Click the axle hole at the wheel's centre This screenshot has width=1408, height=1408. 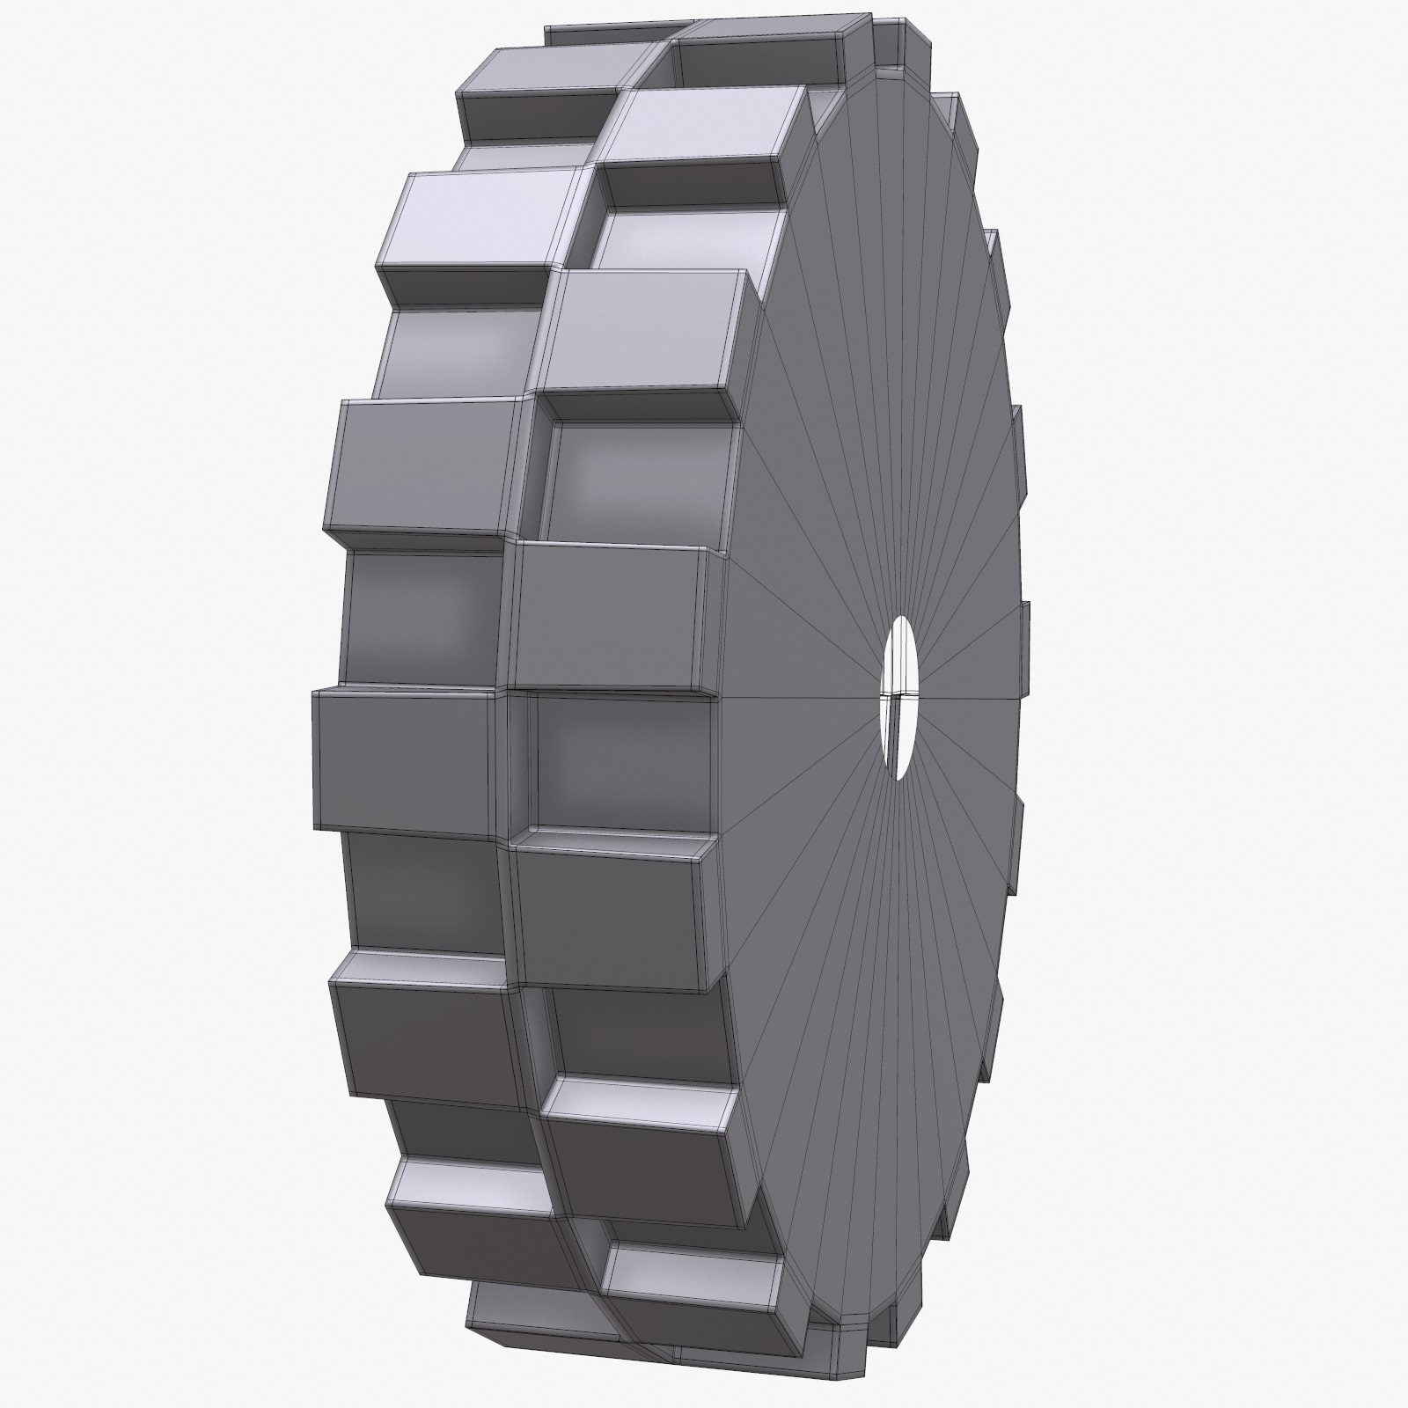point(898,698)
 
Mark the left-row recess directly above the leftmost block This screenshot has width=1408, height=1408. point(422,616)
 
